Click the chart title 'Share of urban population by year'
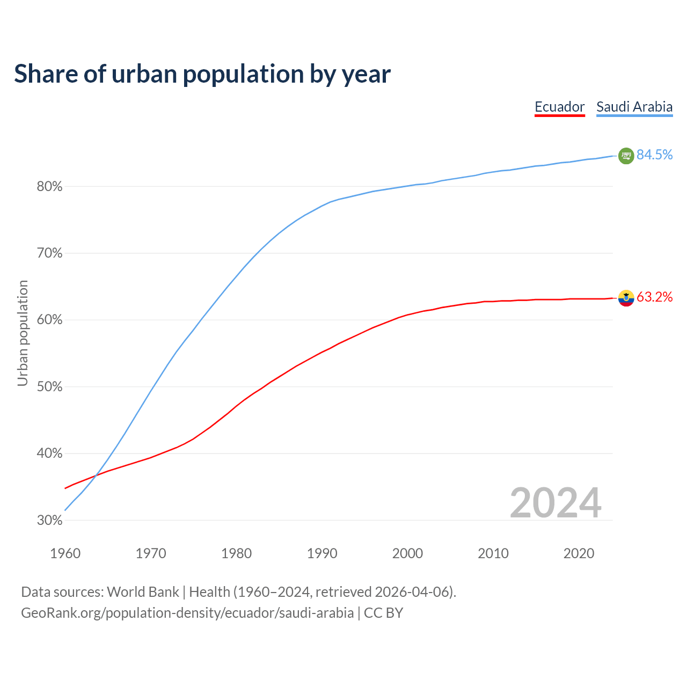click(202, 74)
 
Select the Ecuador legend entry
click(559, 107)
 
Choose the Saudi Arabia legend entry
click(634, 107)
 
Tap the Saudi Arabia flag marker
click(626, 156)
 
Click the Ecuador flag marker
click(626, 298)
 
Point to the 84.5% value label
click(654, 155)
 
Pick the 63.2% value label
click(654, 297)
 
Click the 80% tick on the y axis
click(49, 187)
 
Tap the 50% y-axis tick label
click(49, 387)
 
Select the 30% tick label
click(49, 521)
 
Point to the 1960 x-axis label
click(65, 553)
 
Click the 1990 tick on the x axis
click(322, 553)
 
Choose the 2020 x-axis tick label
click(579, 553)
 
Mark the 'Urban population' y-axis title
click(23, 333)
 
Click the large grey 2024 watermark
click(555, 503)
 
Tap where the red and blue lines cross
click(96, 475)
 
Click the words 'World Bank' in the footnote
click(143, 592)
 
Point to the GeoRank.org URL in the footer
click(187, 613)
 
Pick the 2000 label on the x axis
click(407, 553)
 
